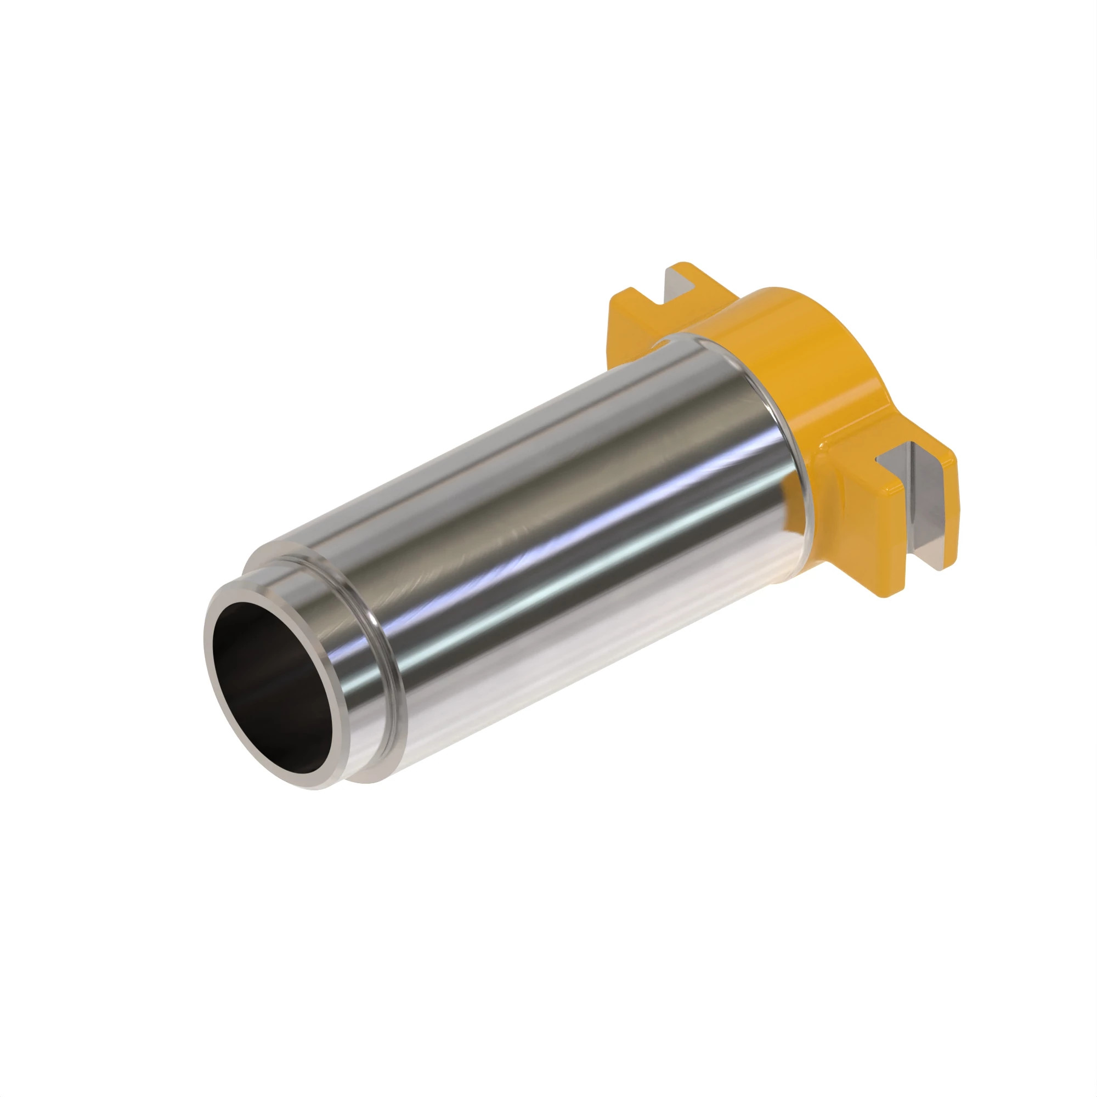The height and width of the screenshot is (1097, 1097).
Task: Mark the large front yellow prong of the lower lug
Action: [x=869, y=528]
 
